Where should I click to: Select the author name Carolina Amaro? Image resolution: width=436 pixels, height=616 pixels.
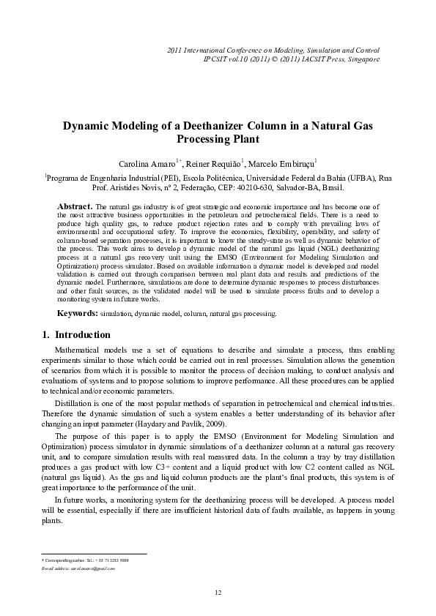click(147, 162)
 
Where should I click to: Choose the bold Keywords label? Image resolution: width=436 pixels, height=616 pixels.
click(78, 313)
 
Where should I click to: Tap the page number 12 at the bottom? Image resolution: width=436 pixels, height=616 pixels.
click(218, 591)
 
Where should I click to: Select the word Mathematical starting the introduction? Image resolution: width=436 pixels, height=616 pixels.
click(83, 351)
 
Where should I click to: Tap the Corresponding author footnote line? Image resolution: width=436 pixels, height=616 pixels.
click(85, 559)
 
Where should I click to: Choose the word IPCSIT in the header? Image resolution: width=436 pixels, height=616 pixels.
click(216, 59)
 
